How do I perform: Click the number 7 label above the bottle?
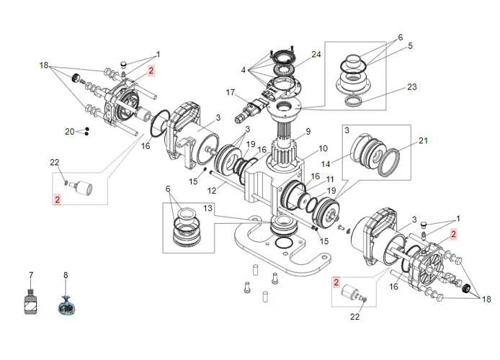(31, 275)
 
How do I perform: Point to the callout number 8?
(66, 275)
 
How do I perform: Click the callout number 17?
(231, 92)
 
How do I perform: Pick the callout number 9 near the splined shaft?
(308, 131)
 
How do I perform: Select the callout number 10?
(323, 148)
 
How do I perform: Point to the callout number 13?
(207, 207)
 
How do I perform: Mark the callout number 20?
(69, 131)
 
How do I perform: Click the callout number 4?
(244, 70)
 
